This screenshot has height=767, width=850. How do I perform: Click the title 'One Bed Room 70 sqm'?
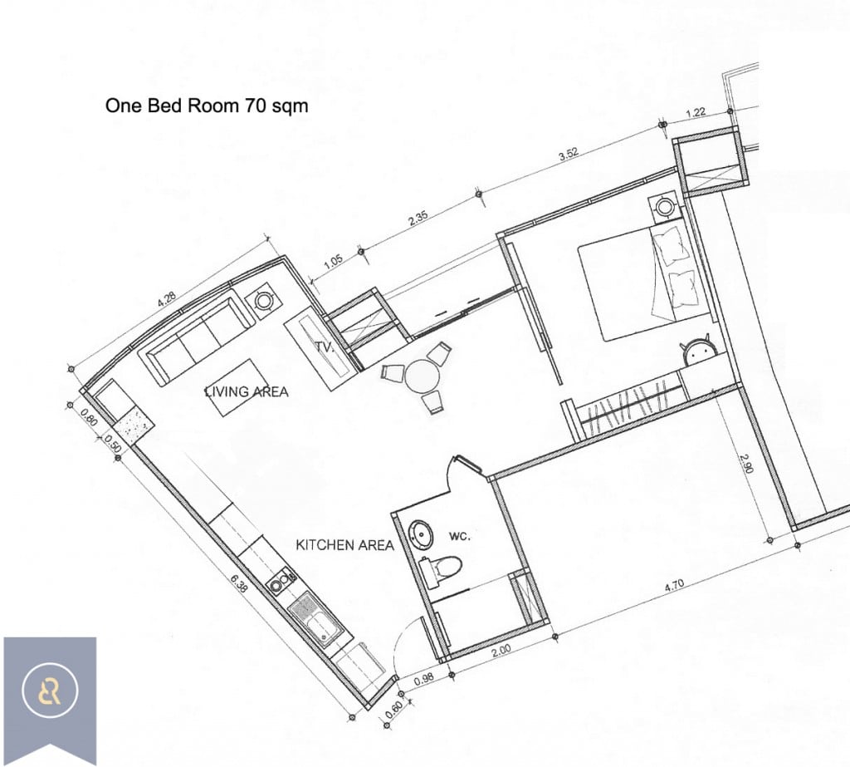207,106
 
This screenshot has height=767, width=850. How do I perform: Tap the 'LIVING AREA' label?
247,391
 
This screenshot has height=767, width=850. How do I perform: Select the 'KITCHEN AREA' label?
344,544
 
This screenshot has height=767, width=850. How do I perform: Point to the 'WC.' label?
460,536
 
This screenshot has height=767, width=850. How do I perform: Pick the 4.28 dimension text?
166,299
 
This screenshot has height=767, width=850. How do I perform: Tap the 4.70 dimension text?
674,586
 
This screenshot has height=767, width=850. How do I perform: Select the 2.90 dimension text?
747,463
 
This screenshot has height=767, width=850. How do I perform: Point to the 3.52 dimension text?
569,155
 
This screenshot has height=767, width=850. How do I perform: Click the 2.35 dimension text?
418,219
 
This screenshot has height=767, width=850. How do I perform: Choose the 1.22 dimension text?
696,113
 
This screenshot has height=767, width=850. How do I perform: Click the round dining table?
423,376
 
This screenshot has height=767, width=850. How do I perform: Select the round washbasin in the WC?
421,534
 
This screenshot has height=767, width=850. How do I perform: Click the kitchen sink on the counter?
315,620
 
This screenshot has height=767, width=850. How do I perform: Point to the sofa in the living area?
196,337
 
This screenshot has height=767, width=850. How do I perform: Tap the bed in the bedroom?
645,283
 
